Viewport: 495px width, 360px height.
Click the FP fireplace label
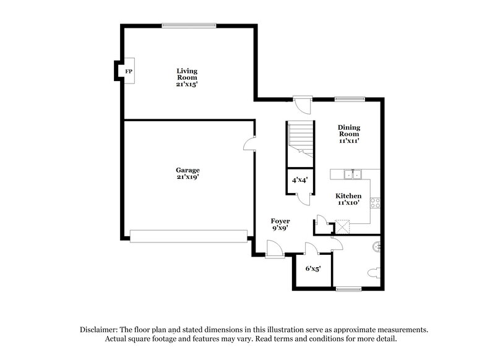(129, 72)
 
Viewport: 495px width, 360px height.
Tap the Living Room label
(186, 77)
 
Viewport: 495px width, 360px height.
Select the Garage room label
(187, 173)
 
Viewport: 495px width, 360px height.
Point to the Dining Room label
(349, 134)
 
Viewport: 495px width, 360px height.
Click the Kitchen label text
(348, 199)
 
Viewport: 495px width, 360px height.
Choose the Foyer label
(280, 224)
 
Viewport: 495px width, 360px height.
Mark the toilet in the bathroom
(374, 273)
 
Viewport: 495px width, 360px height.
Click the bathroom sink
(377, 247)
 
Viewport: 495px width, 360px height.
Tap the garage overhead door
(189, 236)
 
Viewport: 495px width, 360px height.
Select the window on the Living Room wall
(189, 25)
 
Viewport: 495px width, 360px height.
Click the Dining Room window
(350, 98)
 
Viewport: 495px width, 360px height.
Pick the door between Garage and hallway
(251, 144)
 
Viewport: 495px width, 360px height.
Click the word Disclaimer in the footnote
(100, 330)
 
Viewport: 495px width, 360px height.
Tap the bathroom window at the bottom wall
(351, 289)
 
